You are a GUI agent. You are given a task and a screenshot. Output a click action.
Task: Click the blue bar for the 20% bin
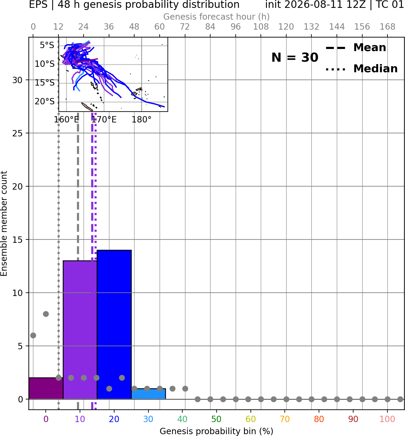pyautogui.click(x=114, y=324)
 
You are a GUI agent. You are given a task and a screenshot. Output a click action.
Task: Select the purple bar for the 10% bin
pyautogui.click(x=80, y=330)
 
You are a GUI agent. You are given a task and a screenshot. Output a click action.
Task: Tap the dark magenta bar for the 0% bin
pyautogui.click(x=46, y=388)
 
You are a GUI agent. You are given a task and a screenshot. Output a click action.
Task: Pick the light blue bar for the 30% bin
pyautogui.click(x=148, y=394)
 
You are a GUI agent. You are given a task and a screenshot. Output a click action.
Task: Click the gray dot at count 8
pyautogui.click(x=46, y=314)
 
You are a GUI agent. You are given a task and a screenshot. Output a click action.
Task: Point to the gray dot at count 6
pyautogui.click(x=33, y=335)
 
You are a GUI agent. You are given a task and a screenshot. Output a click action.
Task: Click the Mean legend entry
pyautogui.click(x=356, y=48)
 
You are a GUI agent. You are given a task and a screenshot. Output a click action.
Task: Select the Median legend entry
pyautogui.click(x=361, y=69)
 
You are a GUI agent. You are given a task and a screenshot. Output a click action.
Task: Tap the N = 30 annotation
pyautogui.click(x=295, y=57)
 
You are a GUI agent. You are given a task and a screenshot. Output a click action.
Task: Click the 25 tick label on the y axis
pyautogui.click(x=17, y=133)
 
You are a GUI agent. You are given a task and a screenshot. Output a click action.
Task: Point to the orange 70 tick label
pyautogui.click(x=285, y=419)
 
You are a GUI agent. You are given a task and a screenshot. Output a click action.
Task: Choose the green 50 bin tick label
pyautogui.click(x=216, y=419)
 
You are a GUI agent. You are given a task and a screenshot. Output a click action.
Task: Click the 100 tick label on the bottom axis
pyautogui.click(x=387, y=419)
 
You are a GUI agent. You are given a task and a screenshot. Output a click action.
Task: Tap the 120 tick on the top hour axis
pyautogui.click(x=286, y=27)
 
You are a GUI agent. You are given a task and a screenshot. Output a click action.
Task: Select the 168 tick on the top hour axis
pyautogui.click(x=387, y=27)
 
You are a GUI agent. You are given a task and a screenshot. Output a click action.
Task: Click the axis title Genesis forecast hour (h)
pyautogui.click(x=217, y=17)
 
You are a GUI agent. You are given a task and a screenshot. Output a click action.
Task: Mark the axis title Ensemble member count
pyautogui.click(x=4, y=223)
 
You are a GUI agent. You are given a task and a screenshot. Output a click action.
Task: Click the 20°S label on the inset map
pyautogui.click(x=45, y=101)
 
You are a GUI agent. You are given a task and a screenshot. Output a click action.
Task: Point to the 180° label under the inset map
pyautogui.click(x=141, y=120)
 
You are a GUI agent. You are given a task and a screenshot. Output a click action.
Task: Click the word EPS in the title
pyautogui.click(x=38, y=5)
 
